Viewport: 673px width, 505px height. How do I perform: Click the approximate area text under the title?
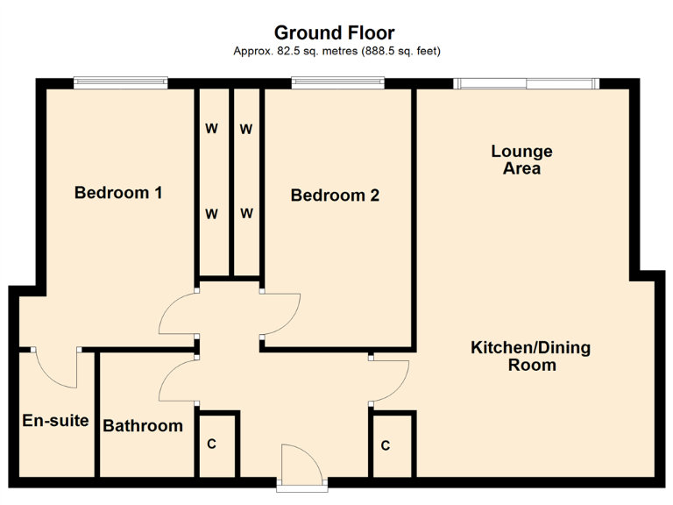click(x=336, y=51)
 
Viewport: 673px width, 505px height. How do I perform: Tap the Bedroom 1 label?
click(x=118, y=193)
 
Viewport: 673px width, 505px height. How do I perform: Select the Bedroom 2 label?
click(x=335, y=196)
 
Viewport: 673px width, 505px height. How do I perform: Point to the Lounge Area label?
click(x=521, y=160)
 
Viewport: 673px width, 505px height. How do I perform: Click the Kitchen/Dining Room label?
click(x=531, y=356)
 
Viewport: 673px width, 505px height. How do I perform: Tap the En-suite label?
click(x=55, y=421)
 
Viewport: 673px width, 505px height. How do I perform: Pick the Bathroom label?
click(x=143, y=426)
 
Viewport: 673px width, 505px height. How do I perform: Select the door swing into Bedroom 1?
click(x=178, y=314)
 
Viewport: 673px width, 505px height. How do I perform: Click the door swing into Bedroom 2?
click(x=281, y=314)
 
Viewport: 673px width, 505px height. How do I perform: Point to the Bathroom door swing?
click(x=178, y=382)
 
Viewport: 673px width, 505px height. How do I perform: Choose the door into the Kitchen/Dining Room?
click(x=391, y=381)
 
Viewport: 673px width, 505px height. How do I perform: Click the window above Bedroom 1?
click(x=120, y=83)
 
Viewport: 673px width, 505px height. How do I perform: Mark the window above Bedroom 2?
click(x=337, y=83)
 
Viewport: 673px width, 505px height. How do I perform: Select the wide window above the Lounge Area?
click(x=526, y=83)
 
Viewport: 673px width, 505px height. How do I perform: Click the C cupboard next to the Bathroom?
click(x=212, y=445)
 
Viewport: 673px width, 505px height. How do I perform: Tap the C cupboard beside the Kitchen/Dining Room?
click(x=386, y=445)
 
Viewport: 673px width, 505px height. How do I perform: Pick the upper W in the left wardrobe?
click(x=211, y=129)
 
